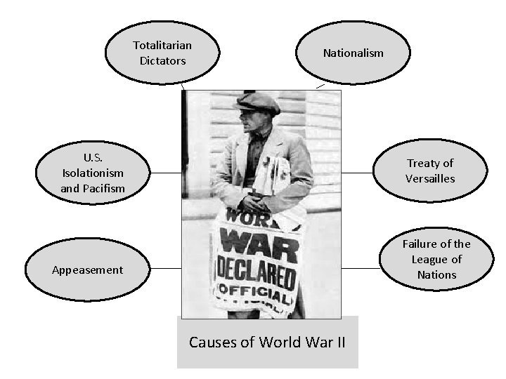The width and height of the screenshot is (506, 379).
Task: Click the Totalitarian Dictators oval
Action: pos(162,53)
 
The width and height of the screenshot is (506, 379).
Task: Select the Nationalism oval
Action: pos(353,53)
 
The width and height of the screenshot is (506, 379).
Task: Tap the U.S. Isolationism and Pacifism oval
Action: pos(93,171)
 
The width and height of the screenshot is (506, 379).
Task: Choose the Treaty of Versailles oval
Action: pos(430,171)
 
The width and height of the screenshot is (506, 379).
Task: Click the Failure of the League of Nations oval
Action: pos(436,259)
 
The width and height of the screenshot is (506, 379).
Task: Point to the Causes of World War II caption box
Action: pos(267,343)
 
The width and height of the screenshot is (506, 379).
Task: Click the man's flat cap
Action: pos(258,102)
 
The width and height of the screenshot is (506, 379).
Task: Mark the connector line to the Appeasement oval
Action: pos(166,268)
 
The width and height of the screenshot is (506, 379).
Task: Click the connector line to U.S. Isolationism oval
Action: pos(166,172)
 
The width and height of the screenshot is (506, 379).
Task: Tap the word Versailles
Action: pos(430,179)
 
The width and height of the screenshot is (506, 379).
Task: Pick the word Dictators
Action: pos(162,61)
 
